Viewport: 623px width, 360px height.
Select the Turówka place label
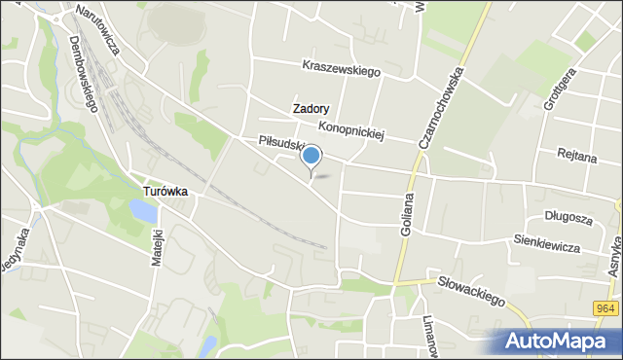165,193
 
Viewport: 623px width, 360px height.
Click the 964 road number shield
605,308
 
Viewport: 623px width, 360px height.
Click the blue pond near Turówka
143,212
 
